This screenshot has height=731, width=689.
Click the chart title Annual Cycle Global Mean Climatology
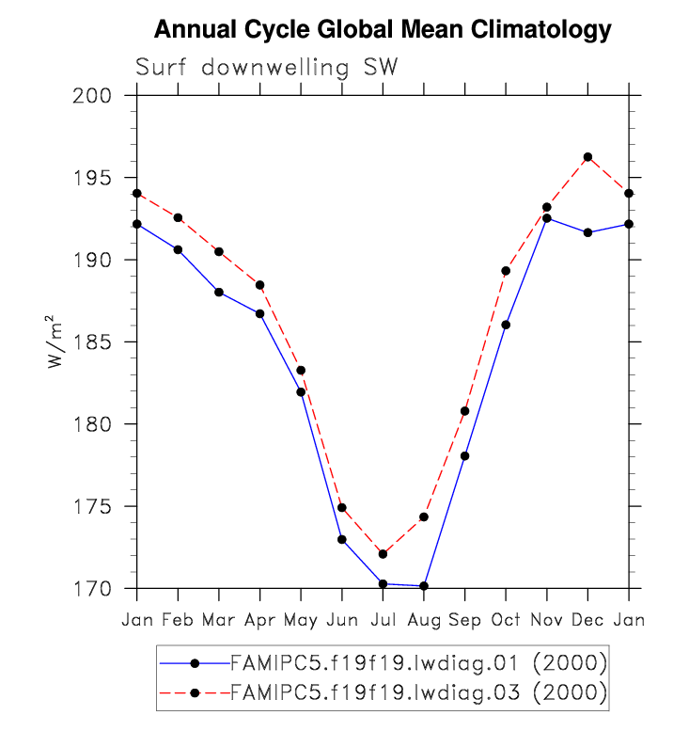(x=383, y=30)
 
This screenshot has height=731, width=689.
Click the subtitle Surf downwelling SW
(x=267, y=68)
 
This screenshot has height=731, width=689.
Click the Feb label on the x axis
(x=178, y=621)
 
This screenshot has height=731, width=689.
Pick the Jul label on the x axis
(x=383, y=621)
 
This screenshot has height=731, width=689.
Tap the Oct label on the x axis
(x=506, y=621)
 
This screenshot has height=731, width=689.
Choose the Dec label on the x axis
(x=587, y=621)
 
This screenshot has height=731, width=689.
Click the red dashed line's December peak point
(x=587, y=157)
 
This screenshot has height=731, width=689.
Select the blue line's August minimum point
(x=424, y=586)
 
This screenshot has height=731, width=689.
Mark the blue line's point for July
(x=383, y=584)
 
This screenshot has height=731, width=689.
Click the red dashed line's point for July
(x=383, y=554)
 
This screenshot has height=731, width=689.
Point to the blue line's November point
(x=546, y=218)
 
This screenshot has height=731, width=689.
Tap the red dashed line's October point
(x=506, y=271)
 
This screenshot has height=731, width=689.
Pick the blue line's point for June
(x=342, y=540)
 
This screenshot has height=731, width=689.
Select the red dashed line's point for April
(x=260, y=285)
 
